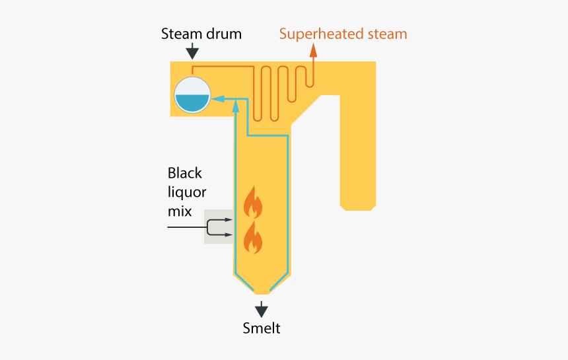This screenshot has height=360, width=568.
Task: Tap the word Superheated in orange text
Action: tap(321, 35)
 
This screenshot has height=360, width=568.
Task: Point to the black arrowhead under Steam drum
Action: tap(192, 54)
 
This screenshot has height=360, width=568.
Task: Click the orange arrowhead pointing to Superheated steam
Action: tap(313, 51)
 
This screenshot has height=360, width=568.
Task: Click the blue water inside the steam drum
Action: tap(192, 103)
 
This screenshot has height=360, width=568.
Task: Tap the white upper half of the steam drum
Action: tap(192, 86)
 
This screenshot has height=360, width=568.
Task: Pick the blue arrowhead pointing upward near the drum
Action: tap(236, 106)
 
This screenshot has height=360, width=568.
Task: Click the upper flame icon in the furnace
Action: tap(253, 202)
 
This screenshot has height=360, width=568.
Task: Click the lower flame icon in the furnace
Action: tap(253, 238)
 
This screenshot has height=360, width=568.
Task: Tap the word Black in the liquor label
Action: tap(185, 173)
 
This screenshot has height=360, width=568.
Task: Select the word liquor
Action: tap(187, 193)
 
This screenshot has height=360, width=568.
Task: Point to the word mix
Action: tap(180, 211)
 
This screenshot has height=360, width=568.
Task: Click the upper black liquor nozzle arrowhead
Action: tap(229, 220)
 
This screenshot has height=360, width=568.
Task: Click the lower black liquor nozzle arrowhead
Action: tap(229, 234)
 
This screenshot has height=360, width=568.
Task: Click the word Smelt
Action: tap(261, 328)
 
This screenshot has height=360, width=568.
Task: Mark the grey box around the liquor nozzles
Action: tap(219, 227)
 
